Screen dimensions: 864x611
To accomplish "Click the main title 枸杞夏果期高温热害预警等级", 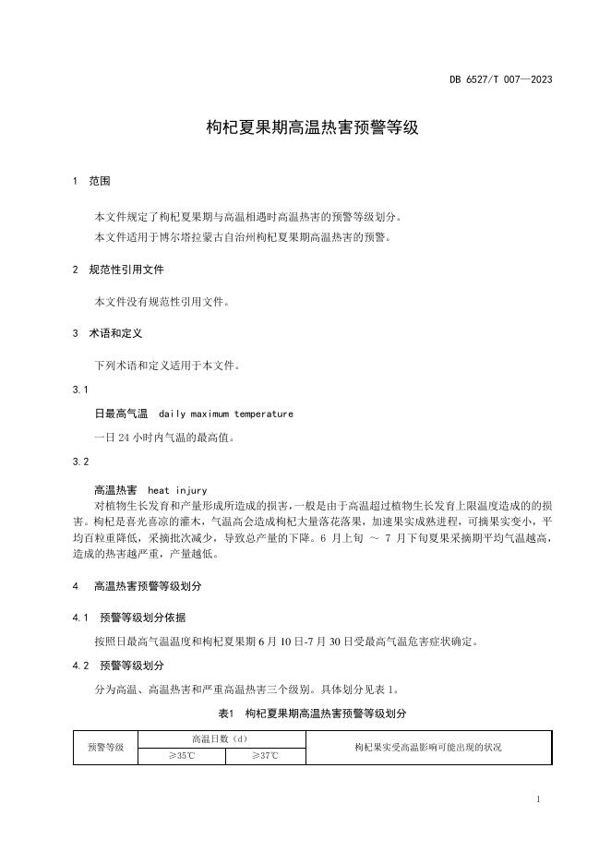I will [x=312, y=127].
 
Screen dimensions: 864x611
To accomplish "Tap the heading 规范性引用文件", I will [x=126, y=270].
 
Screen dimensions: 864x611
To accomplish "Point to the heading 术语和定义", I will [x=115, y=332].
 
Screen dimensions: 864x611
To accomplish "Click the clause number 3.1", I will [x=81, y=390].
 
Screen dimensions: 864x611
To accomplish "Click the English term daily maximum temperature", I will [x=226, y=414].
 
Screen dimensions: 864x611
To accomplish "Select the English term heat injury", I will [x=177, y=490].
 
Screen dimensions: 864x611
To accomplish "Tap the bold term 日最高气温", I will [x=114, y=414].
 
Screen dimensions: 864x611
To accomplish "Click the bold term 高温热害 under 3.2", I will [x=114, y=490].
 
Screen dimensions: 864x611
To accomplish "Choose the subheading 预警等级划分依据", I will [x=142, y=618].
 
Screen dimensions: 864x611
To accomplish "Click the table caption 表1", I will [x=227, y=714].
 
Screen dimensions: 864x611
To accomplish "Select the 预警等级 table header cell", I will [x=106, y=747].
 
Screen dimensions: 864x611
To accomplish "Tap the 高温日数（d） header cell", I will [x=221, y=738].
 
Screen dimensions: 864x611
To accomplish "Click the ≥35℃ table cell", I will [x=182, y=756].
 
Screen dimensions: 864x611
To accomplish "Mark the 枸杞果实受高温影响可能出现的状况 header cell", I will [x=427, y=747].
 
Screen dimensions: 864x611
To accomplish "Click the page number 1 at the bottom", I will [x=537, y=798].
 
